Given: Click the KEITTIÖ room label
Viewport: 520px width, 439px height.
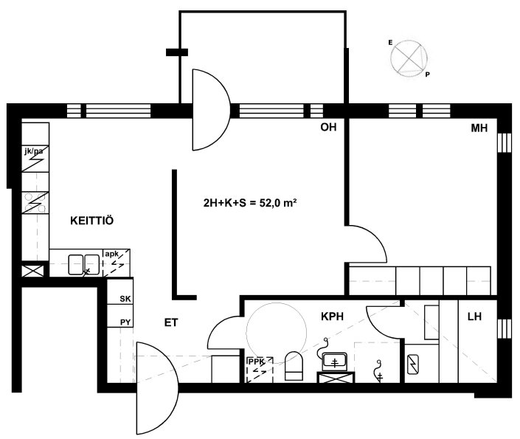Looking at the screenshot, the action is tap(92, 221).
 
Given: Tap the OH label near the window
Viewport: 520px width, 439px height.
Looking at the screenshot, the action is tap(328, 127).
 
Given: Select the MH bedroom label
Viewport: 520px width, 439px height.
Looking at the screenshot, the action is tap(479, 128).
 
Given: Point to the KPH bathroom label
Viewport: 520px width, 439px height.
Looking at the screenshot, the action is tap(333, 317).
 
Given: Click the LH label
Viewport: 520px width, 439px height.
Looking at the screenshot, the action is tap(474, 317).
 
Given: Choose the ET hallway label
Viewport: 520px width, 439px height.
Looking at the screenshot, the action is tap(171, 322).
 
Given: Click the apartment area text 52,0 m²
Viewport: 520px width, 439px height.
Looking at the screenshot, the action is tap(278, 203).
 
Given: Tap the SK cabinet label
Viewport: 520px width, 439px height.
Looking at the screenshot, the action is tap(125, 299).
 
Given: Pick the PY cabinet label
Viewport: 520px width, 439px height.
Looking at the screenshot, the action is tap(125, 322).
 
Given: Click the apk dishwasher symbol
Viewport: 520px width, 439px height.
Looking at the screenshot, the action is tap(116, 263).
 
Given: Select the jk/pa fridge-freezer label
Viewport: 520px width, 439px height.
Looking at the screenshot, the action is tap(33, 152).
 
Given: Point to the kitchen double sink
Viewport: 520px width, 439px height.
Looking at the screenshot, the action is tap(84, 264).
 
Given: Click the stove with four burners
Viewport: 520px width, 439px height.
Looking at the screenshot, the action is tap(35, 202).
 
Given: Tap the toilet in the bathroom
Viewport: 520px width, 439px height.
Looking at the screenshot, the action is tap(294, 366).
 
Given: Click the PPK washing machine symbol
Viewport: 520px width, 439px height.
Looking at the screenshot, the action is tap(260, 370).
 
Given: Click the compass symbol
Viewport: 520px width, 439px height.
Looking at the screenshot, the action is tap(410, 59).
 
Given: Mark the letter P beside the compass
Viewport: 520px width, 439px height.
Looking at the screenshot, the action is tap(428, 75).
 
